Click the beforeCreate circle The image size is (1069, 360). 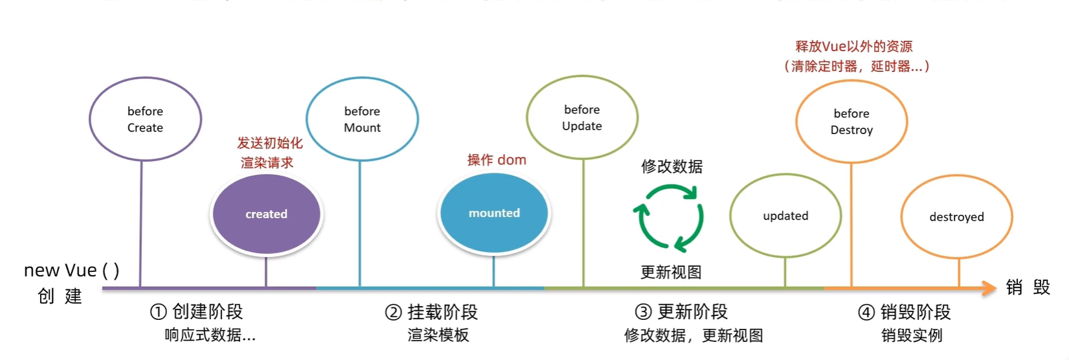click(145, 119)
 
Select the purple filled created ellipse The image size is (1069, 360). click(266, 214)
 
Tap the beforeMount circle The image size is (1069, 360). click(362, 119)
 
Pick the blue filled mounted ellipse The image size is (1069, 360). click(494, 213)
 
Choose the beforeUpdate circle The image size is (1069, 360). click(582, 117)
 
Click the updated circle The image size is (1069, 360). click(785, 216)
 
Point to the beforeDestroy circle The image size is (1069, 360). click(851, 122)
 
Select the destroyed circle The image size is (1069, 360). click(956, 217)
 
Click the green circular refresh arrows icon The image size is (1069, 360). click(670, 218)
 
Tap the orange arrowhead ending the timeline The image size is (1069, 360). click(989, 288)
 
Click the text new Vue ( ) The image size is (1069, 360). click(71, 270)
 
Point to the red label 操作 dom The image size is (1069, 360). click(497, 160)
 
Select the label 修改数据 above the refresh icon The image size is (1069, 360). click(671, 166)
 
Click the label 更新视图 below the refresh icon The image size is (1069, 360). click(671, 272)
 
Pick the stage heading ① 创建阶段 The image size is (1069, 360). click(196, 312)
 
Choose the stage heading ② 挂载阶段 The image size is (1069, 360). click(431, 312)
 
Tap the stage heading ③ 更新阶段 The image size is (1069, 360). click(681, 312)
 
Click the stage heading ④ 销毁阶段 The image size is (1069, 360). click(904, 312)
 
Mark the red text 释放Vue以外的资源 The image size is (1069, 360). click(853, 47)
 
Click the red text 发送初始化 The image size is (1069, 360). click(269, 143)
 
